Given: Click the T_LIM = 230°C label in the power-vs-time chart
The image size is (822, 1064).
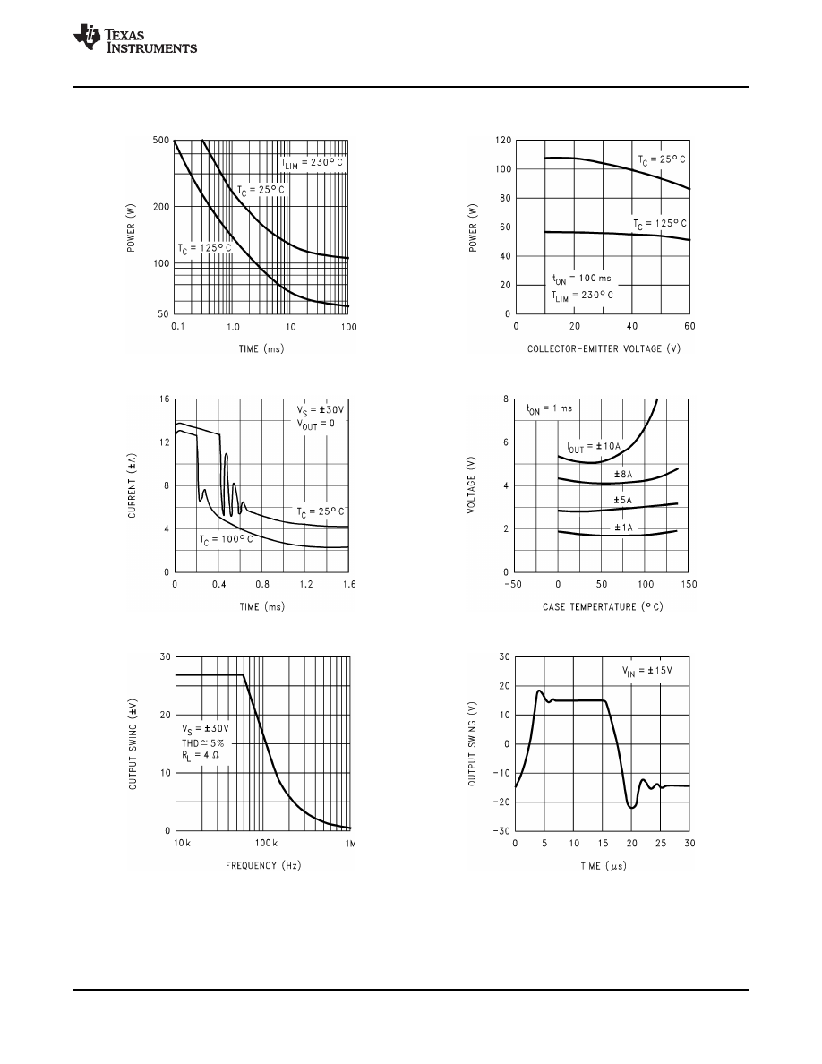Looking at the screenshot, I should coord(312,162).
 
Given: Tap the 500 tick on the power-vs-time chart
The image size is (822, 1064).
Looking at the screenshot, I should coord(162,142).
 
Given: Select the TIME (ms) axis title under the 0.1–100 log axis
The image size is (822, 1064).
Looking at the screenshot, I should coord(261,348).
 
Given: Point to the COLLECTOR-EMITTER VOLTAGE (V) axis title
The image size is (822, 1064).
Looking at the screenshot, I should coord(604,348).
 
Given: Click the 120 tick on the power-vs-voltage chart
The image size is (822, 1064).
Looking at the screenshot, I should coord(502,142).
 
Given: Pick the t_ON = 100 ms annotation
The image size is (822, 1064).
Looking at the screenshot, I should coord(582,279).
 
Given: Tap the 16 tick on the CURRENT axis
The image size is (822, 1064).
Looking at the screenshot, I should coord(164,399).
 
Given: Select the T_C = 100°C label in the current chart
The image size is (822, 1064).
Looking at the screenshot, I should coord(227,539).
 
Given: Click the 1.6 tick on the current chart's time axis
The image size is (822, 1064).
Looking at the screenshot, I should coord(347,584).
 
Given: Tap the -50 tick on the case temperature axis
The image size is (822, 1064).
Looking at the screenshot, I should coord(514,584).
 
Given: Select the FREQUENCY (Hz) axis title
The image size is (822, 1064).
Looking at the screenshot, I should coord(261,866).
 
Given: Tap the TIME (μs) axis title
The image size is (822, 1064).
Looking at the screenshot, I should coord(603,866).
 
